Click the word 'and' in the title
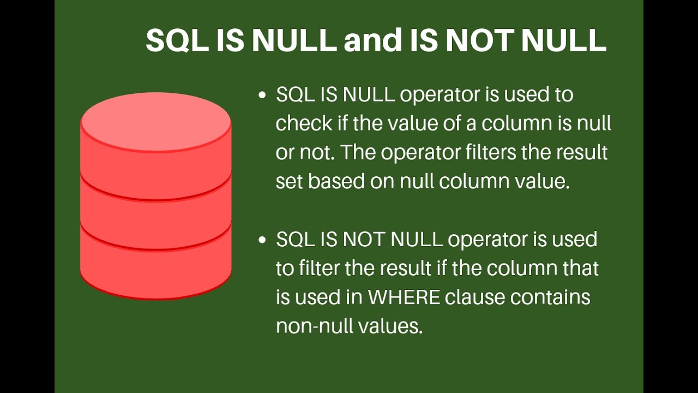tap(373, 40)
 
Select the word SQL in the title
tap(177, 40)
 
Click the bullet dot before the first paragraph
tap(262, 95)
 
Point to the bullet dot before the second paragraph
tap(262, 240)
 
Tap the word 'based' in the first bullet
tap(336, 181)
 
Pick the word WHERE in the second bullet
tap(404, 296)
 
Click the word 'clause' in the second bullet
tap(474, 296)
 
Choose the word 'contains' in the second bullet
tap(550, 296)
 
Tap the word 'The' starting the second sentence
tap(359, 152)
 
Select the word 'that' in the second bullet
tap(578, 268)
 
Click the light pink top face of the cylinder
tap(156, 122)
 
